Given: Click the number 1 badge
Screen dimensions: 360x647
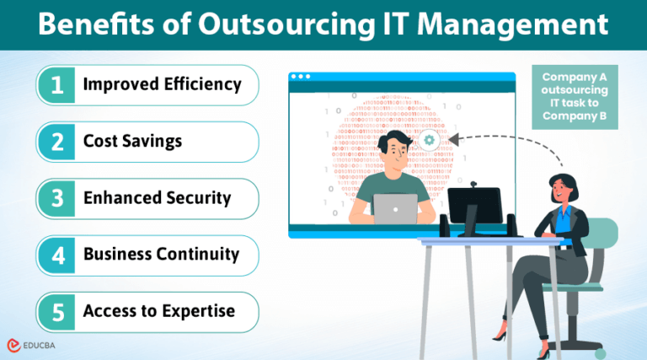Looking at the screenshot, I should (x=57, y=84).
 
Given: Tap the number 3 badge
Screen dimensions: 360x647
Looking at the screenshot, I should (x=57, y=198).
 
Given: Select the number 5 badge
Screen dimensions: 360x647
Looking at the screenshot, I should (x=57, y=312).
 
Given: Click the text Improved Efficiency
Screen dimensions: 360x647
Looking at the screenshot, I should (x=162, y=84).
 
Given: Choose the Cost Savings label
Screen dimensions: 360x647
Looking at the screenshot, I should (x=132, y=141).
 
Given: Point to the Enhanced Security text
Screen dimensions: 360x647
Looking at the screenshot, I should (x=157, y=198).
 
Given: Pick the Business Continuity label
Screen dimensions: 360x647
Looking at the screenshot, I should (x=161, y=254).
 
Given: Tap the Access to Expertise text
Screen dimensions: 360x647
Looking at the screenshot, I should (x=158, y=311).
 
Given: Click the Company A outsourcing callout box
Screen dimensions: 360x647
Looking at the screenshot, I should (x=575, y=97).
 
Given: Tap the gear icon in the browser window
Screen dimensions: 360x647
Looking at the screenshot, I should (x=430, y=140).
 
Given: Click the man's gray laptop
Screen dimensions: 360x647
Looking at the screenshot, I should (x=394, y=208).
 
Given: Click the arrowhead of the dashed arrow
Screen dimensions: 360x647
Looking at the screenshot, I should (x=453, y=138).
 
